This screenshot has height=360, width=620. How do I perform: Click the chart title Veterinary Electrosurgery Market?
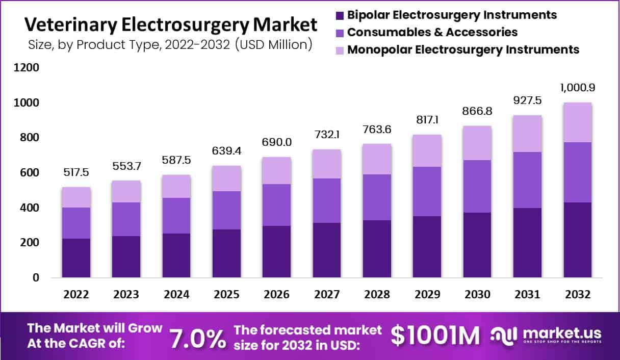click(171, 24)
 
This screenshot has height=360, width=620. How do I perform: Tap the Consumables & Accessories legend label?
click(432, 32)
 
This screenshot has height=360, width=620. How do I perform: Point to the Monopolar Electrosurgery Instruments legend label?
click(463, 49)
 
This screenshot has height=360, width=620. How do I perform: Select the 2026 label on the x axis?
click(276, 295)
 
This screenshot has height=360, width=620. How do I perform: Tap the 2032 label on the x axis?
click(578, 295)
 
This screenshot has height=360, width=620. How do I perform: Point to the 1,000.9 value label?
click(578, 88)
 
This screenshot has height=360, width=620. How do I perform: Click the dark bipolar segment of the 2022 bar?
click(76, 258)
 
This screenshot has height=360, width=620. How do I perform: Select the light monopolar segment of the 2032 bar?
click(578, 122)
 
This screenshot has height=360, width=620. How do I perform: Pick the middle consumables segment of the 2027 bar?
click(327, 200)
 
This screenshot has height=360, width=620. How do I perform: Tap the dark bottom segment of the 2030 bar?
click(477, 245)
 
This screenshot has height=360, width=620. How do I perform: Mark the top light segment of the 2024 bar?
click(176, 186)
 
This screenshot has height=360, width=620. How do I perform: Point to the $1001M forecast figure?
click(435, 336)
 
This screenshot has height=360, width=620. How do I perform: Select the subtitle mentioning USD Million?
click(170, 44)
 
